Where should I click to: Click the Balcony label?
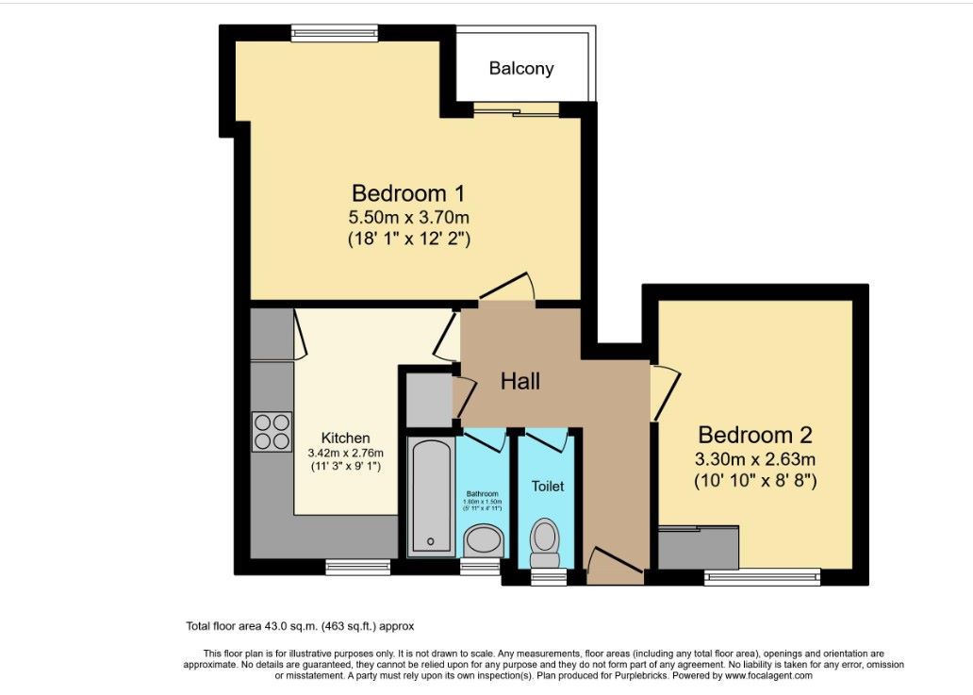(521, 69)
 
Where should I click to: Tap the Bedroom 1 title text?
(408, 194)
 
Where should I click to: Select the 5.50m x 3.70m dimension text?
(408, 218)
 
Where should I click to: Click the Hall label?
(520, 381)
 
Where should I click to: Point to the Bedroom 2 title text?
(754, 436)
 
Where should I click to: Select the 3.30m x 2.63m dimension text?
(754, 460)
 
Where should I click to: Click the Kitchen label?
(346, 439)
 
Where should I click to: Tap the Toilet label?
(548, 487)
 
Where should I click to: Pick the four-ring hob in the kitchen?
(272, 432)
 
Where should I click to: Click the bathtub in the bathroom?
(431, 496)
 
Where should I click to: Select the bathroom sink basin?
(485, 540)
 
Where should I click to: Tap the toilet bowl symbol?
(546, 538)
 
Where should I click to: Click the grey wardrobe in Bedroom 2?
(697, 547)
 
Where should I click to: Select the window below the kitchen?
(358, 568)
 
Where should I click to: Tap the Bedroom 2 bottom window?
(762, 577)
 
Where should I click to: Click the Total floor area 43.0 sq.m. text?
(300, 626)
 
